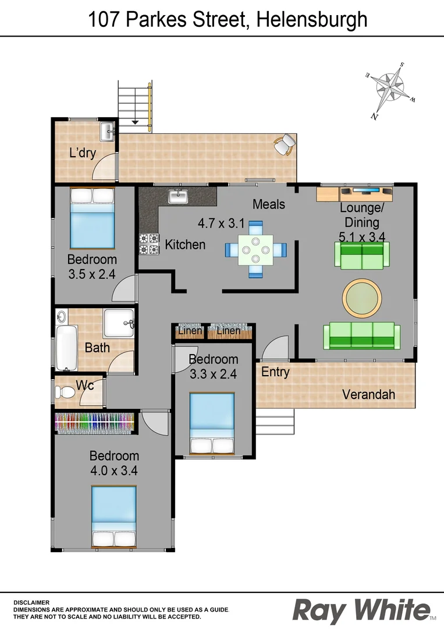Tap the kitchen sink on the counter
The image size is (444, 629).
pos(177,196)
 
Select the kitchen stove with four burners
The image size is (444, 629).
pos(149,244)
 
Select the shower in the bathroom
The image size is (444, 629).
pos(119,323)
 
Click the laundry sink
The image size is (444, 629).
pos(107,132)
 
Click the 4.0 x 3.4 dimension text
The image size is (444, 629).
pos(114,471)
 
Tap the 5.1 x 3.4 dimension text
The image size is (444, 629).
pos(360,236)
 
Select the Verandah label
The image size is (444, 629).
pos(368,394)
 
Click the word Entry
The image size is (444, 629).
pos(275,372)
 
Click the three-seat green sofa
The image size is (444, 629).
pos(361,335)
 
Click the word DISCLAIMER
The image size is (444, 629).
pos(31,602)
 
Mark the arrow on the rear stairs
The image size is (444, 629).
pos(135,122)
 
